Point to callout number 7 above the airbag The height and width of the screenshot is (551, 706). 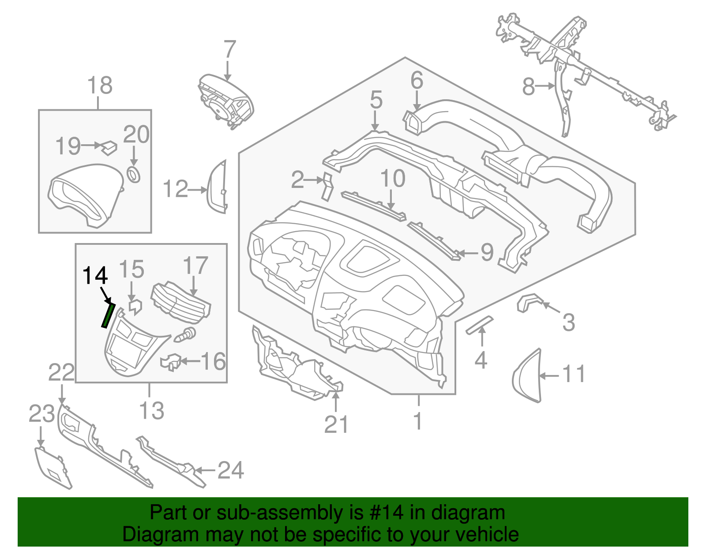click(230, 49)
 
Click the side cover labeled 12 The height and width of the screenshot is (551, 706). click(218, 187)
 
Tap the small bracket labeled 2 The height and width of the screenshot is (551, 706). click(327, 186)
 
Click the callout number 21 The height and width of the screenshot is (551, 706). click(336, 425)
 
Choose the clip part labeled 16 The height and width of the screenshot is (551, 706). click(172, 362)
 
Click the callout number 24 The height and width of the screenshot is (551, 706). click(231, 470)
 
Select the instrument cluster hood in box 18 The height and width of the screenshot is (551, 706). click(84, 194)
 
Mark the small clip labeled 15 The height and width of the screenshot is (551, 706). click(135, 307)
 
